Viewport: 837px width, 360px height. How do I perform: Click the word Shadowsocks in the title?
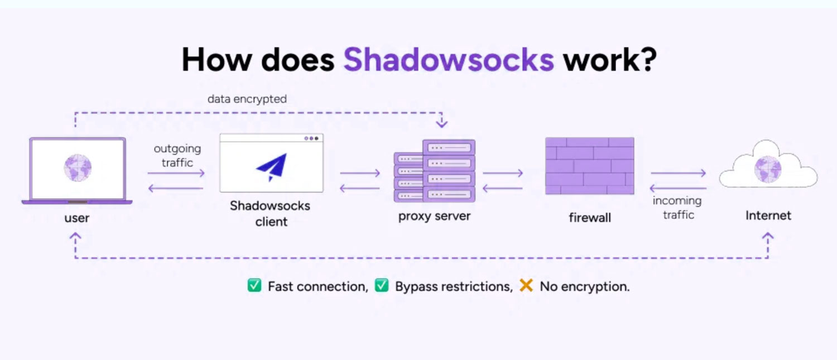(x=449, y=59)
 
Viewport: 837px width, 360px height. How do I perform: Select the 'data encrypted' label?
(x=247, y=99)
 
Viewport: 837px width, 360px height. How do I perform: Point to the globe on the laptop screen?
(x=78, y=167)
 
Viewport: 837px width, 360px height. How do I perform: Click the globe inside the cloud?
(x=768, y=169)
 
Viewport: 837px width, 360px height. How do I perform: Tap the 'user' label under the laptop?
(x=77, y=218)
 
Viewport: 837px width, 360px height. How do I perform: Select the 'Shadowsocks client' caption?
(x=271, y=213)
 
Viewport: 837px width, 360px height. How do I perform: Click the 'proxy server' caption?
(x=434, y=216)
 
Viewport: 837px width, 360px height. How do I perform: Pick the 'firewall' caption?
(x=590, y=218)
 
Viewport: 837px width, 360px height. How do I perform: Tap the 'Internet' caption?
(x=768, y=215)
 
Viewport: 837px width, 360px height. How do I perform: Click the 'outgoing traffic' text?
(x=177, y=156)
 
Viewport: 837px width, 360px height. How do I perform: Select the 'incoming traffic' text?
(x=678, y=208)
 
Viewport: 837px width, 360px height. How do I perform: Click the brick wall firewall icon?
(x=589, y=166)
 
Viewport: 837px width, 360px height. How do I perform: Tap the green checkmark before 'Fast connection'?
(x=254, y=286)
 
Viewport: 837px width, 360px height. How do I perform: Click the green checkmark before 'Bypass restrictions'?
(x=382, y=286)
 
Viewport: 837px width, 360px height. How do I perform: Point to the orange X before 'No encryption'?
(x=526, y=286)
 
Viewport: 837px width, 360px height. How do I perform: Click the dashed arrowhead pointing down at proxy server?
(x=441, y=123)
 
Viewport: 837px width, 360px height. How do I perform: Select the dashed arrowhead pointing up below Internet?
(x=768, y=237)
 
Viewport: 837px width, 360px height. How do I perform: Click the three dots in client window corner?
(x=311, y=138)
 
